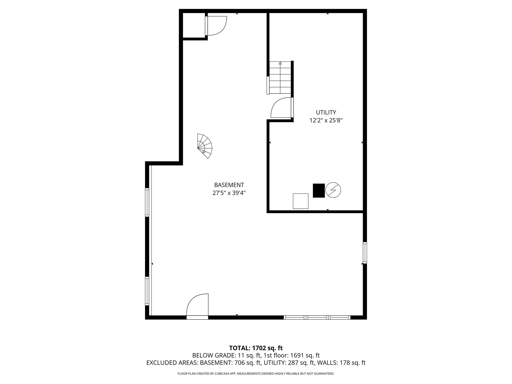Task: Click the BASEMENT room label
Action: (229, 185)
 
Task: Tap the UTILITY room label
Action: (326, 112)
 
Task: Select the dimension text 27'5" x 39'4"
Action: (229, 193)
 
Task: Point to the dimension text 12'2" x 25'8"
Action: (326, 120)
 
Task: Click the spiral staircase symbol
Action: (205, 146)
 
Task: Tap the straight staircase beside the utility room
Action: (280, 78)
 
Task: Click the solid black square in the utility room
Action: (319, 190)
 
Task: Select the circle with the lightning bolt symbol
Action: (333, 190)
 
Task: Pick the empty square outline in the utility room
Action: (300, 201)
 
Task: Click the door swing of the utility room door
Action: (281, 108)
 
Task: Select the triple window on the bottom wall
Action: (317, 317)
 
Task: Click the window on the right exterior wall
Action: (365, 253)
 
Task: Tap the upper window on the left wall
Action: (147, 202)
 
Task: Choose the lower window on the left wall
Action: (147, 291)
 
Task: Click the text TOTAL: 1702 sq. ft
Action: (256, 348)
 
